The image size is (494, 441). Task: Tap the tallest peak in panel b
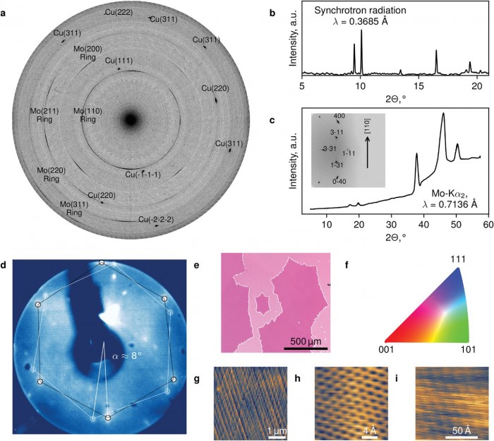pyautogui.click(x=361, y=32)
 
